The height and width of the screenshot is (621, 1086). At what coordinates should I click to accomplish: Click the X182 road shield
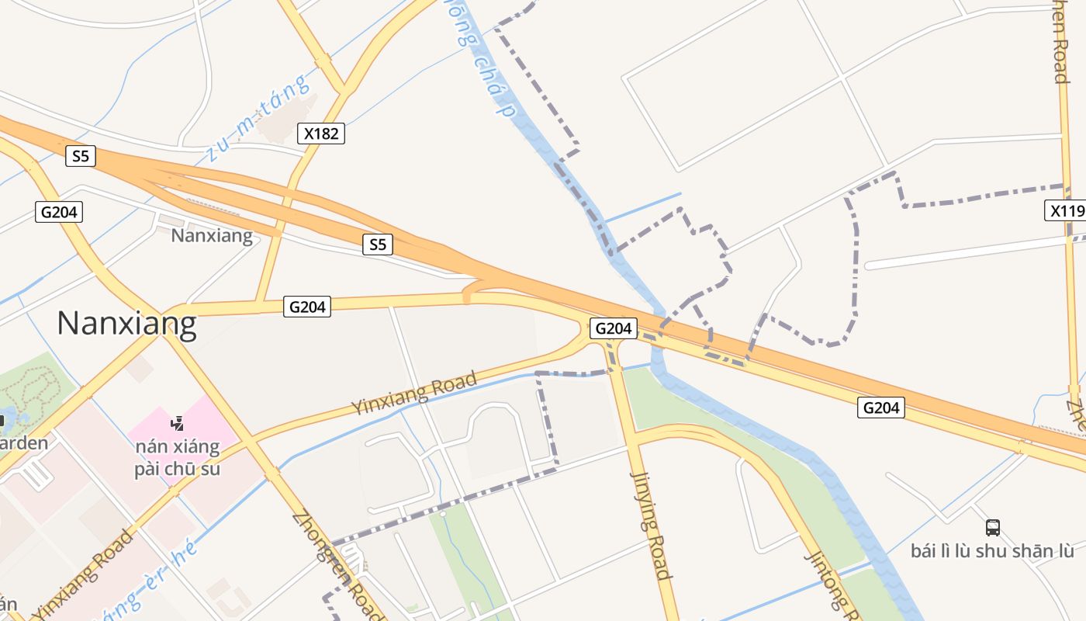tap(321, 134)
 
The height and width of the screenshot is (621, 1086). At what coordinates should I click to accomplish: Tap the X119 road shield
tap(1067, 210)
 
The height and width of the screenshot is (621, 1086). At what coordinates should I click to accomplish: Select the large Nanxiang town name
tap(126, 323)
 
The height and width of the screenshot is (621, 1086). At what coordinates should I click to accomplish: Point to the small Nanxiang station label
tap(212, 235)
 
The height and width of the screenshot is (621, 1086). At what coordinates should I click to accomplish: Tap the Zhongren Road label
tap(337, 565)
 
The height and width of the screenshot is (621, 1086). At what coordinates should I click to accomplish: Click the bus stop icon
tap(992, 528)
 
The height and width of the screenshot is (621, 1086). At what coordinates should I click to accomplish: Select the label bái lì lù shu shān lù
tap(992, 551)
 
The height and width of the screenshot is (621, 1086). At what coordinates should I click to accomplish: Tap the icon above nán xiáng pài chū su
tap(178, 424)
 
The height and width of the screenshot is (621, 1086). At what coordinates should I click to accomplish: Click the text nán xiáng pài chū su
tap(177, 458)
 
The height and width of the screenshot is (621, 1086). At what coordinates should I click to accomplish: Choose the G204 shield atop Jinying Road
tap(613, 328)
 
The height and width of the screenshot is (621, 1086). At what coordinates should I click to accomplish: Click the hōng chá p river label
tap(485, 58)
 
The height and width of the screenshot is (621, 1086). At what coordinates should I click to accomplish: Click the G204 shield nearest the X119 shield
tap(881, 407)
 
